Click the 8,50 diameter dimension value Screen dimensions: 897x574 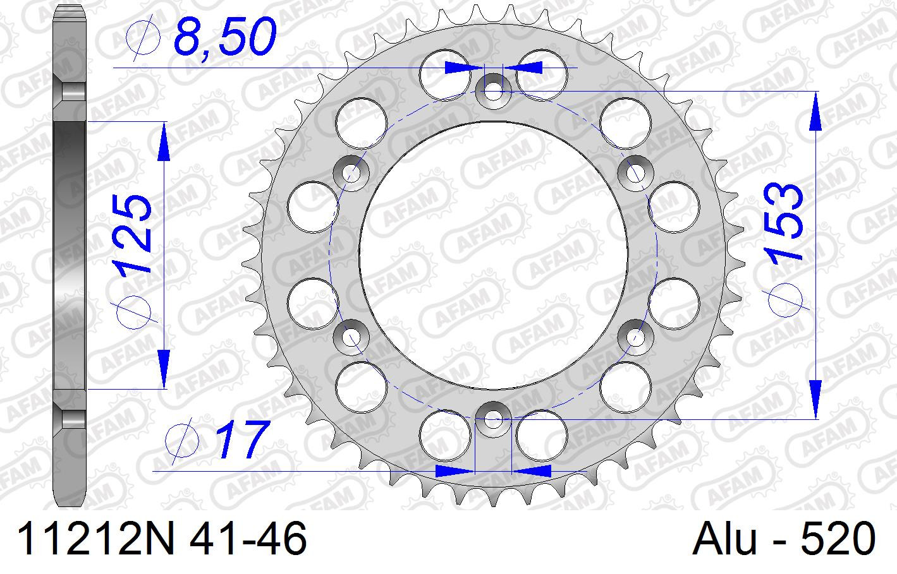tap(225, 37)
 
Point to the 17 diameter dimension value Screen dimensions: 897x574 tap(242, 439)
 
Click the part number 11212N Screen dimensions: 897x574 tap(95, 539)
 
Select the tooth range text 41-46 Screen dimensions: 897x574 tap(248, 539)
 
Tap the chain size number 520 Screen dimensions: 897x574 tap(838, 539)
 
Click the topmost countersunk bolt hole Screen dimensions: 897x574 tap(493, 92)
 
